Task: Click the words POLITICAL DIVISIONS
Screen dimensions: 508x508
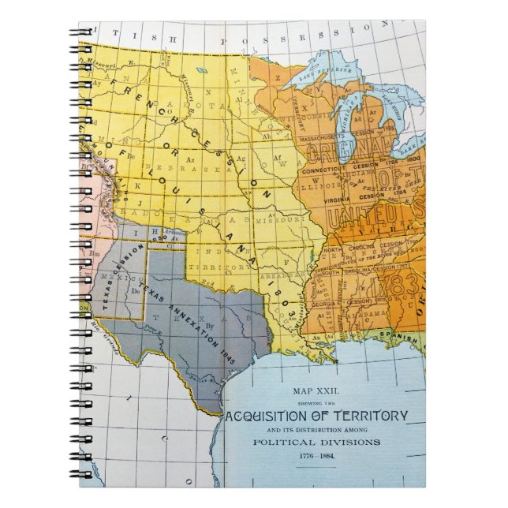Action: [316, 443]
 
